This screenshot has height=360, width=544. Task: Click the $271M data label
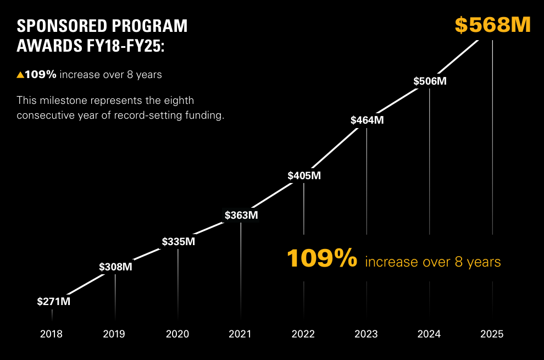coord(53,301)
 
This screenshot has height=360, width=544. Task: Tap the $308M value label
coord(115,267)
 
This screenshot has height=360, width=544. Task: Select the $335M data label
coord(179,241)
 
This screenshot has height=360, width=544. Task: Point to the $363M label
coord(241,215)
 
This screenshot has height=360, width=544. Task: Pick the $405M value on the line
coord(304,176)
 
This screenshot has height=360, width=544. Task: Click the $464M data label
coord(367,120)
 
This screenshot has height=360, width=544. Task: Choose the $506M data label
coord(430,81)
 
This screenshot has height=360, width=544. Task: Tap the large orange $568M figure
coord(492,25)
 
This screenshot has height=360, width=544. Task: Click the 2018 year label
coord(51,334)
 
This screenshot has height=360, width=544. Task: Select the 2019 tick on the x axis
coord(114,334)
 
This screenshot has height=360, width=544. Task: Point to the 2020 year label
coord(177,334)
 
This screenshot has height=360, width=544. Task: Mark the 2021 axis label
coord(240,334)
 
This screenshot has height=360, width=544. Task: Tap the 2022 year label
coord(303,334)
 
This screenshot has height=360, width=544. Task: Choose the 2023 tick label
coord(366,334)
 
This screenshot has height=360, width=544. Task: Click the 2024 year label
coord(429,334)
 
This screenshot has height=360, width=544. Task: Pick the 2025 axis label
coord(492,334)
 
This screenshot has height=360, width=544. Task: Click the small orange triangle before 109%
coord(20,75)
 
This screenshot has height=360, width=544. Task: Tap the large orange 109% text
coord(323,259)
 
